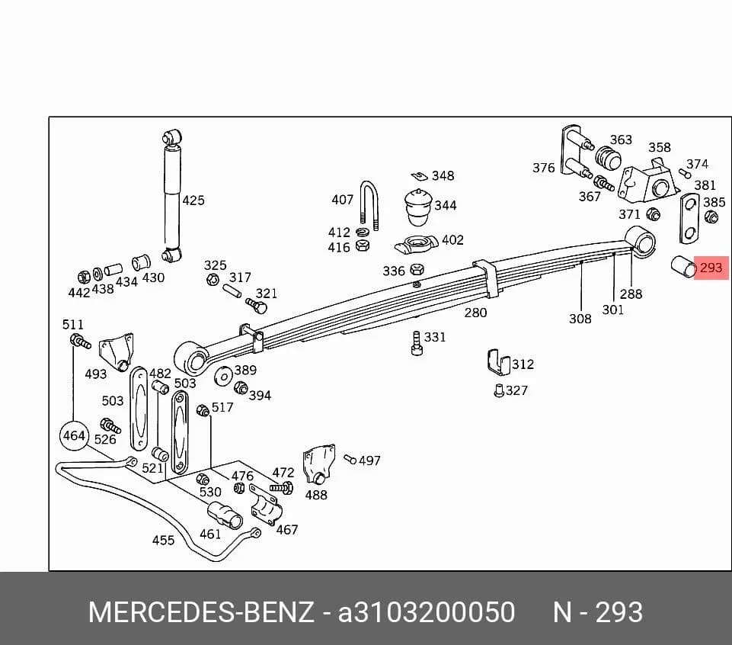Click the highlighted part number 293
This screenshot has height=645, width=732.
pos(711,268)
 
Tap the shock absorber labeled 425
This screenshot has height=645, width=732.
pos(172,196)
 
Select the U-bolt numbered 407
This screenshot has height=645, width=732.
pos(369,205)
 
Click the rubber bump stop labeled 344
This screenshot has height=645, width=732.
pos(418,207)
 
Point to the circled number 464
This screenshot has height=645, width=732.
pos(74,435)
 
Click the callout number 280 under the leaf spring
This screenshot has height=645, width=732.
pos(475,313)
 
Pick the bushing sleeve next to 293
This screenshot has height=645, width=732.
pos(683,268)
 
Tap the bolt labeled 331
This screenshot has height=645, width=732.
pos(417,344)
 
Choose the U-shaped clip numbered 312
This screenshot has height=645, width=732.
pos(498,362)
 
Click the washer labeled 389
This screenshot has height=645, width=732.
pos(224,377)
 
